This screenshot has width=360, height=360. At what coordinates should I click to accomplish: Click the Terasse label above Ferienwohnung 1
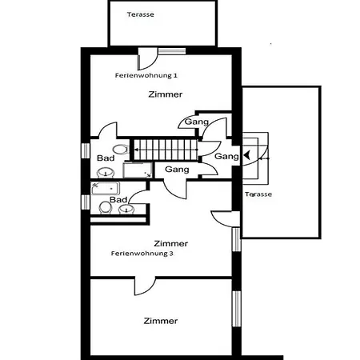click(x=141, y=14)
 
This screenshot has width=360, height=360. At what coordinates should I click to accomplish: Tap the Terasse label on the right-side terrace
click(x=258, y=194)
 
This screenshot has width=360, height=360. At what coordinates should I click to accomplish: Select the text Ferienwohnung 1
click(x=146, y=75)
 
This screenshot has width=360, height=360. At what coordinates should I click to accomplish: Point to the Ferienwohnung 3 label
click(x=142, y=254)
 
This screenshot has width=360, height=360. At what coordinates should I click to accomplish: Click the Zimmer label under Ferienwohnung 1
click(x=166, y=94)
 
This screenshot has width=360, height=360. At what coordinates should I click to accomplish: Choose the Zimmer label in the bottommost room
click(x=161, y=321)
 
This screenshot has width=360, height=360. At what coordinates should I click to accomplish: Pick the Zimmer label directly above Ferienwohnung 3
click(x=171, y=243)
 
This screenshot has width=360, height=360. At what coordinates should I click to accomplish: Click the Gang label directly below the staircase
click(x=177, y=170)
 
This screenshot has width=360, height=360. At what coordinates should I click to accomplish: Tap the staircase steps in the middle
click(x=166, y=150)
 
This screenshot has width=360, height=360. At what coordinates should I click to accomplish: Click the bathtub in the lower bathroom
click(x=106, y=189)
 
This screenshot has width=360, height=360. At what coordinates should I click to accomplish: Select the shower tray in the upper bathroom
click(x=138, y=170)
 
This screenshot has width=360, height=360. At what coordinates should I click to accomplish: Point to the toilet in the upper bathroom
click(x=121, y=150)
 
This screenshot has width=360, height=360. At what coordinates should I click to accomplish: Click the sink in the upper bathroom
click(x=106, y=173)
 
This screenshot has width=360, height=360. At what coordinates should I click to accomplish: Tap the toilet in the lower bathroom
click(x=106, y=208)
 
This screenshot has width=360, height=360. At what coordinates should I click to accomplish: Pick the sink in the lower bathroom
click(x=126, y=210)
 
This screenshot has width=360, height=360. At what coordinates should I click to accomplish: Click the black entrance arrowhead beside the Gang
click(x=246, y=155)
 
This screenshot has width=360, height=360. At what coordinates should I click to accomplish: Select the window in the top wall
click(x=172, y=51)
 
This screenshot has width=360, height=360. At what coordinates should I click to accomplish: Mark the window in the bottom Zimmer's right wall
click(x=237, y=309)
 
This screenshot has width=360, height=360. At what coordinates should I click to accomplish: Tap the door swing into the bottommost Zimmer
click(x=145, y=286)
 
